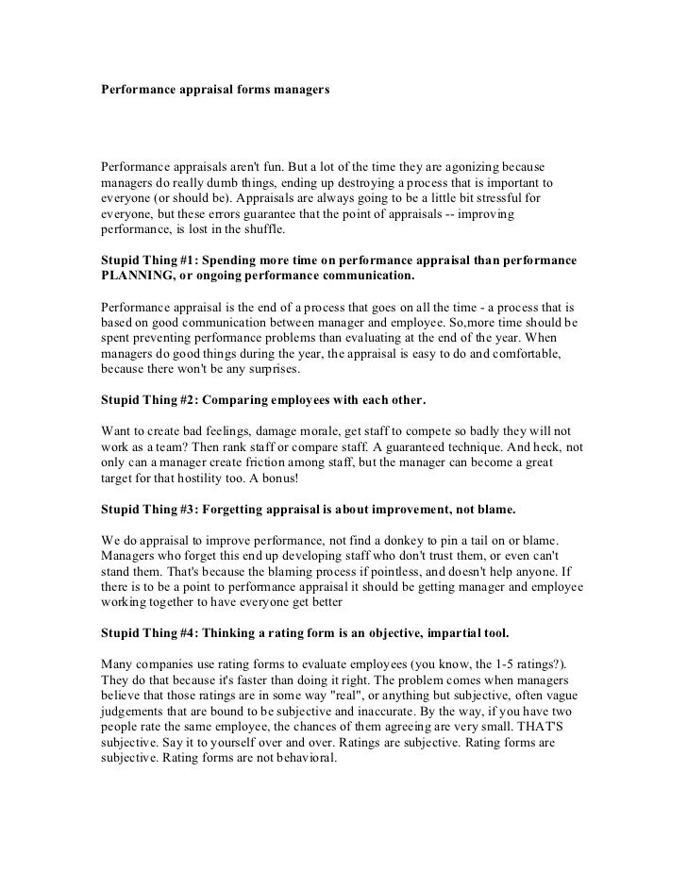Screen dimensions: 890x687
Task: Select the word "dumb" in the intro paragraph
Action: click(x=226, y=182)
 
